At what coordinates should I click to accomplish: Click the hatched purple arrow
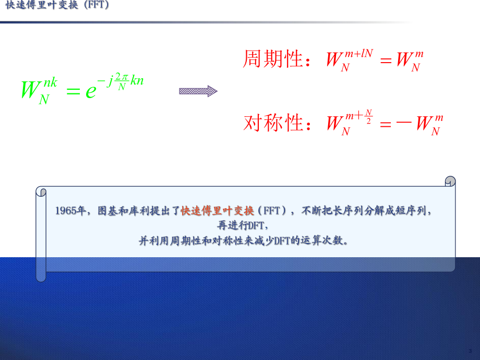click(x=198, y=91)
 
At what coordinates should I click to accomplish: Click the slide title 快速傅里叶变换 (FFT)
click(x=57, y=5)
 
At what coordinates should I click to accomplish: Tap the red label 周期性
click(x=273, y=58)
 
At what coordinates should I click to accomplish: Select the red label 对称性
click(x=273, y=123)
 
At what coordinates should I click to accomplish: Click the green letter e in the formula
click(x=91, y=91)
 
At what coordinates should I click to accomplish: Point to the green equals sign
click(x=73, y=91)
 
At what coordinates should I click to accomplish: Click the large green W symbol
click(x=31, y=89)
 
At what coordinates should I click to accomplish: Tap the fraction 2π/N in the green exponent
click(x=122, y=81)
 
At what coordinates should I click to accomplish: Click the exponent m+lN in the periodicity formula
click(x=359, y=54)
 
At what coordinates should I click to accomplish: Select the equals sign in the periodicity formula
click(x=386, y=60)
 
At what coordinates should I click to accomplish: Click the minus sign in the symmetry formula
click(x=404, y=123)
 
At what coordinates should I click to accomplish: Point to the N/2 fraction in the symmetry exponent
click(x=368, y=117)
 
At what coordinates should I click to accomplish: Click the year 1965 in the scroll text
click(x=66, y=211)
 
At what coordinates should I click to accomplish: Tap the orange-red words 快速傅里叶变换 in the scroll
click(x=218, y=211)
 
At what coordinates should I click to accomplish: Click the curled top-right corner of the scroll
click(x=450, y=181)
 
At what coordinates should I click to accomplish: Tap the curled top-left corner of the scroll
click(x=41, y=191)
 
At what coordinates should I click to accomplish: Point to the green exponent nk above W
click(x=51, y=82)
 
